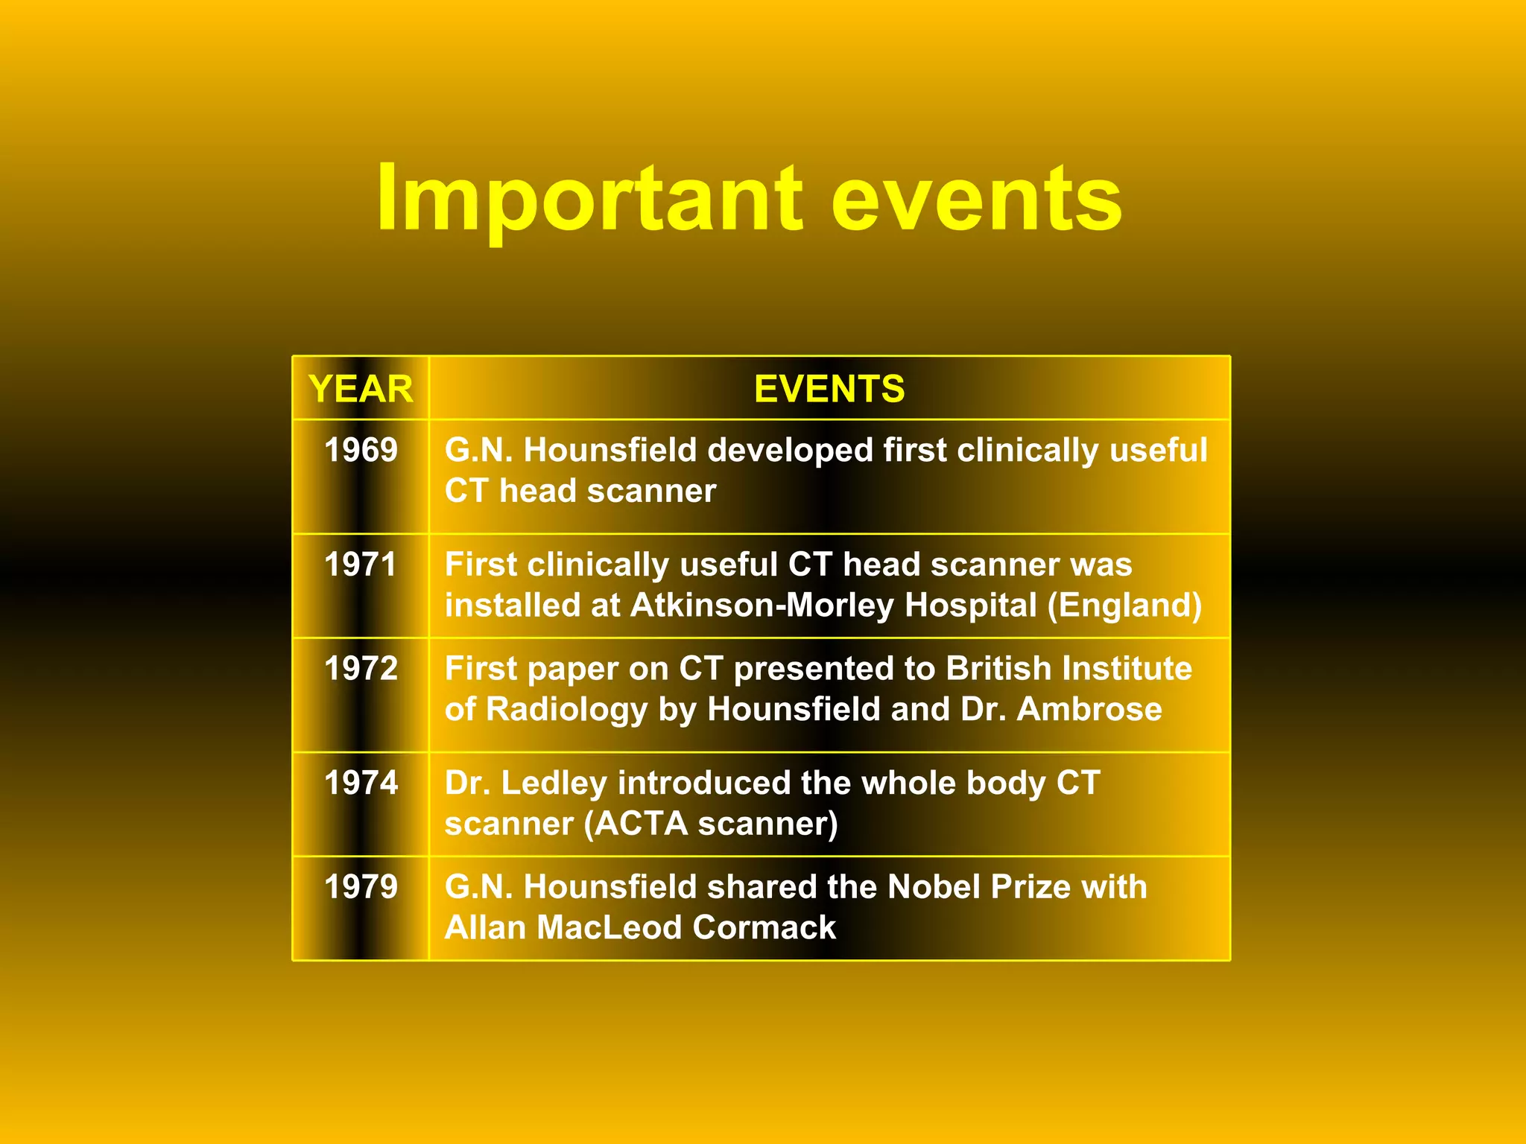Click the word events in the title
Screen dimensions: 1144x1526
(976, 200)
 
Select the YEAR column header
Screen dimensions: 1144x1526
(361, 389)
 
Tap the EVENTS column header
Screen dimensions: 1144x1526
(829, 389)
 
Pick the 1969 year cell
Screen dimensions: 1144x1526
(361, 451)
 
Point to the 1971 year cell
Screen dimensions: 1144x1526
(361, 565)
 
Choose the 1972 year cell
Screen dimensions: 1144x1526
(361, 669)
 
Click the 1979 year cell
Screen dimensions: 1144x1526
(361, 887)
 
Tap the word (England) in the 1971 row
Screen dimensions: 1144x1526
(1124, 606)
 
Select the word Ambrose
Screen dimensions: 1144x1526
(1089, 709)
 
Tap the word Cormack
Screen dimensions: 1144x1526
(764, 928)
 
